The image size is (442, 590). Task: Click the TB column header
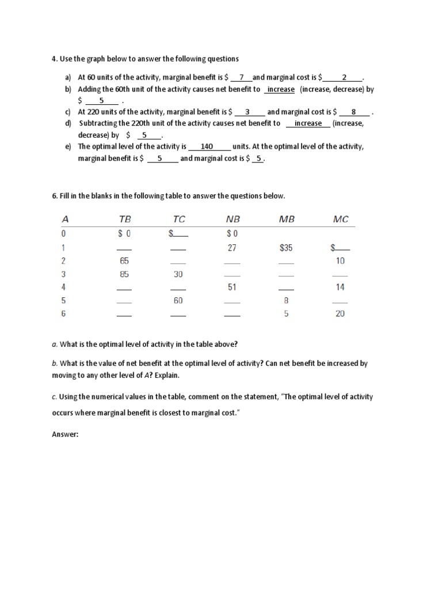[x=124, y=220]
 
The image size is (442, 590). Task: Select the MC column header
[x=341, y=220]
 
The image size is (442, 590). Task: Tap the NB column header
[x=233, y=220]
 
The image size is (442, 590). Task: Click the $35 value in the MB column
[x=285, y=247]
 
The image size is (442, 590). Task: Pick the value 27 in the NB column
[x=233, y=247]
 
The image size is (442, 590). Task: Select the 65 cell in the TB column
[x=124, y=261]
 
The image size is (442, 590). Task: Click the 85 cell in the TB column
[x=124, y=274]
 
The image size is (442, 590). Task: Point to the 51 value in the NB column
[x=233, y=288]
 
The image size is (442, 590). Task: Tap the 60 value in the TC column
[x=178, y=301]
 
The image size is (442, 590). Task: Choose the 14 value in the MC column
[x=340, y=288]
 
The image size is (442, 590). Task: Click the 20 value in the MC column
[x=340, y=314]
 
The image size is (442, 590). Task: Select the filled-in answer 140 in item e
[x=207, y=146]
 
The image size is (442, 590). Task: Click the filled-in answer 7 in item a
[x=242, y=77]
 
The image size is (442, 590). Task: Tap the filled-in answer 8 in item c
[x=353, y=112]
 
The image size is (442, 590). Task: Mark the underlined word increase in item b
[x=281, y=89]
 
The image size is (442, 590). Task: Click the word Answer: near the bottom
[x=65, y=435]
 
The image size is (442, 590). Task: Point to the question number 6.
[x=54, y=196]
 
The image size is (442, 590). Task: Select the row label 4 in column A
[x=64, y=288]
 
